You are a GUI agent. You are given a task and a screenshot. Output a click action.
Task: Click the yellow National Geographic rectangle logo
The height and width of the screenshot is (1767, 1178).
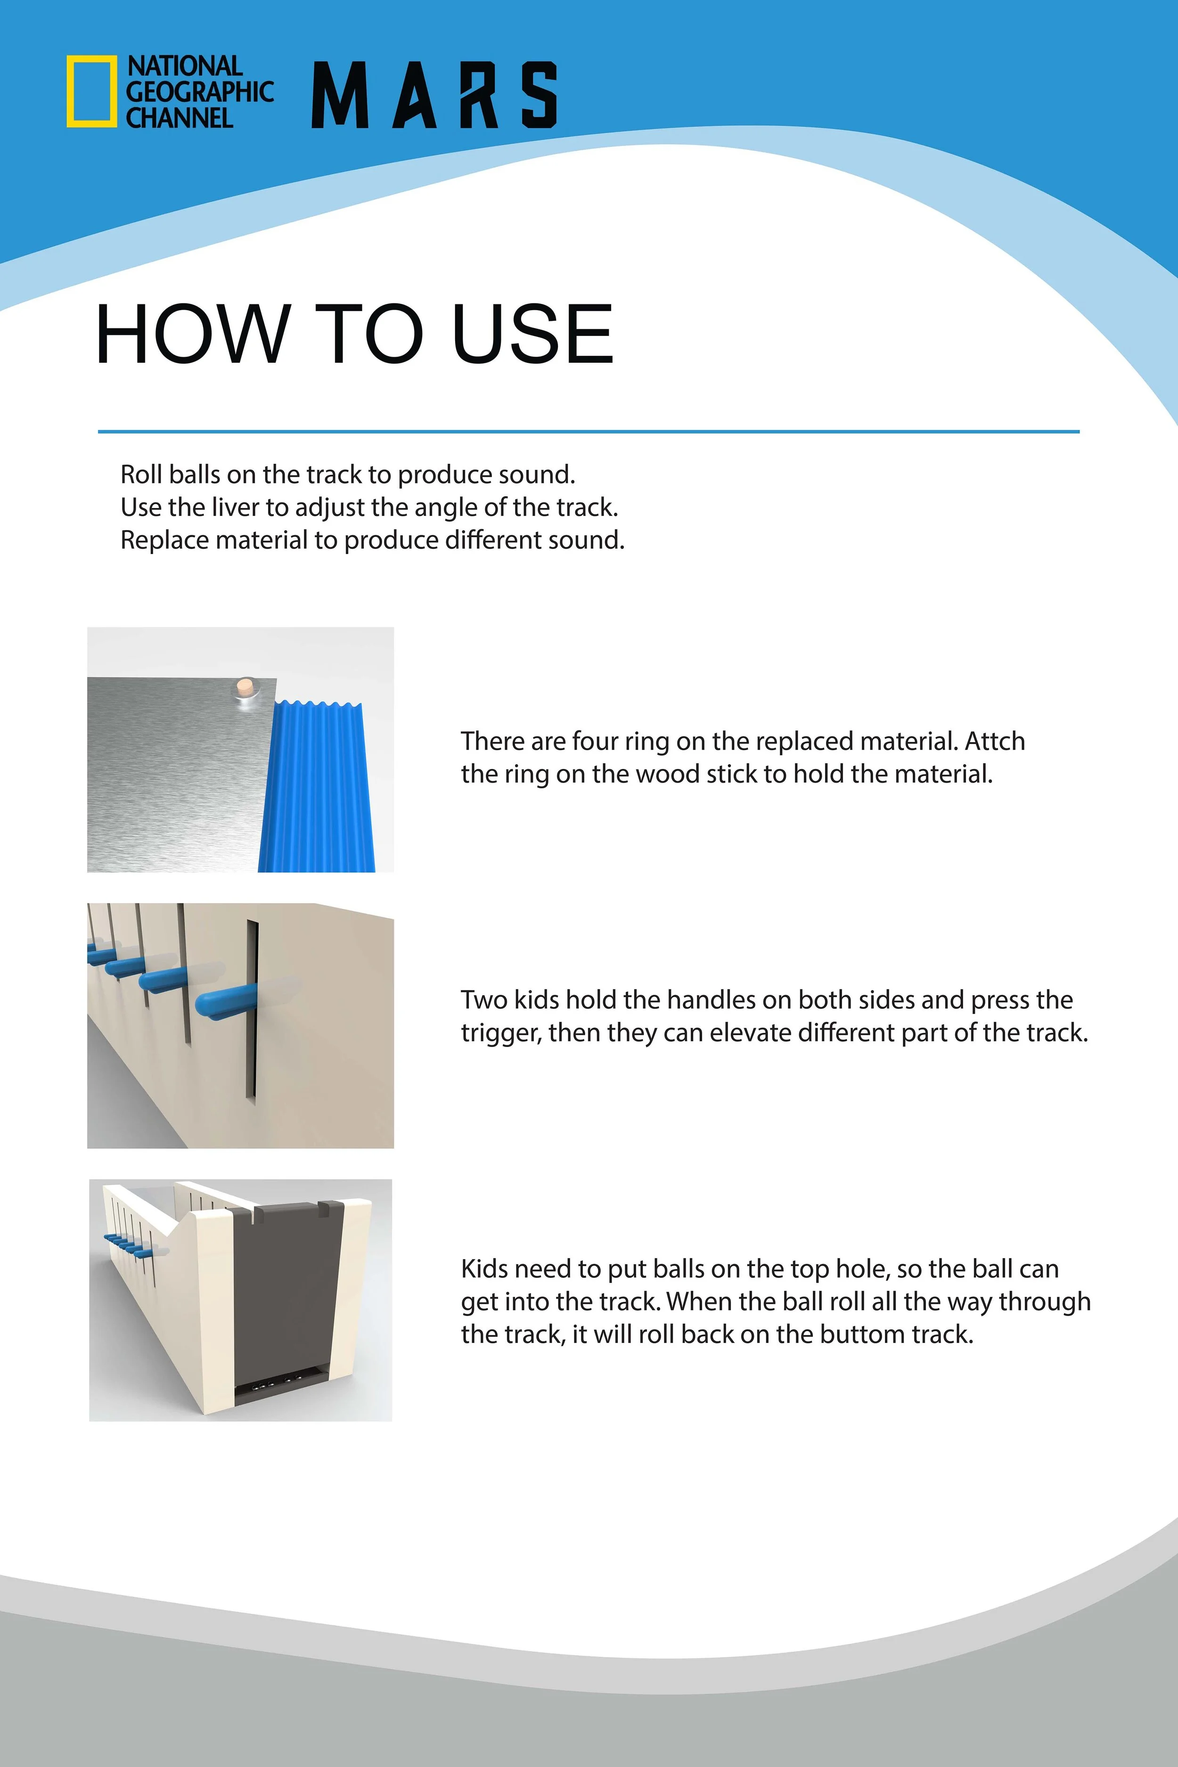pyautogui.click(x=92, y=91)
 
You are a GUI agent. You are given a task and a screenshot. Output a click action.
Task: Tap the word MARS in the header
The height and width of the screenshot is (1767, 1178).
pyautogui.click(x=434, y=95)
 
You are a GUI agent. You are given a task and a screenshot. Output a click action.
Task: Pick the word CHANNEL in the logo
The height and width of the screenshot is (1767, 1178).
pyautogui.click(x=179, y=117)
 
